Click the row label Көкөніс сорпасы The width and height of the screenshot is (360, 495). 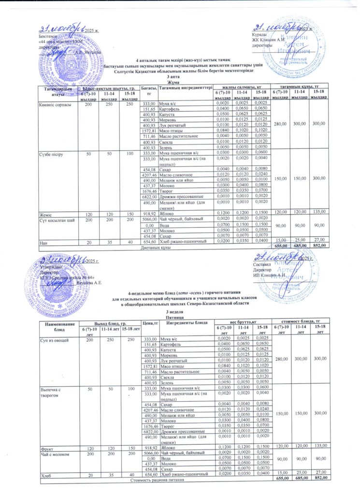tap(56, 104)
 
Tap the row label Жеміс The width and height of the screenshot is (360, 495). tap(46, 213)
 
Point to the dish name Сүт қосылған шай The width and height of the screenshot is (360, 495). tap(57, 219)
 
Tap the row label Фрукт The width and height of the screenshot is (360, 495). tap(46, 449)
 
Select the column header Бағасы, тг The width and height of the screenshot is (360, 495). tap(146, 90)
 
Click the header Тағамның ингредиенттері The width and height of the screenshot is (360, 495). tap(186, 87)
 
